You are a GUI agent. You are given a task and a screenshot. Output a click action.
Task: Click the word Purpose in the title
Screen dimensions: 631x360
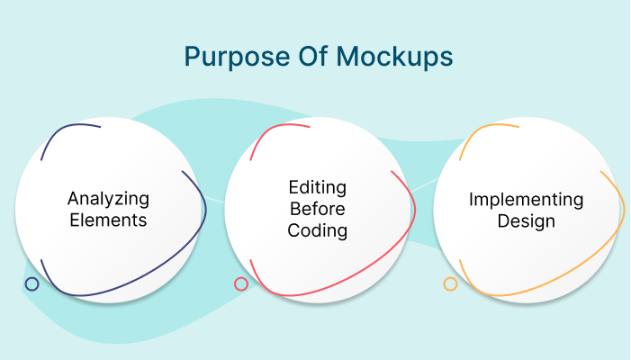pyautogui.click(x=237, y=57)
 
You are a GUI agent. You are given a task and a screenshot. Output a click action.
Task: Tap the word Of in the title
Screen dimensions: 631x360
pyautogui.click(x=312, y=56)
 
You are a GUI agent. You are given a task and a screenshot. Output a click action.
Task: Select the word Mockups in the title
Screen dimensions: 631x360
pyautogui.click(x=395, y=57)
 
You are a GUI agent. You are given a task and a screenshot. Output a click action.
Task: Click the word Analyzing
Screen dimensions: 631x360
pyautogui.click(x=108, y=199)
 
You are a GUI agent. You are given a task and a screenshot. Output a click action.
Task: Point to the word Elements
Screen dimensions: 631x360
pyautogui.click(x=108, y=220)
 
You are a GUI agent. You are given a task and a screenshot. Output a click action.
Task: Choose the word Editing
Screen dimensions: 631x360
pyautogui.click(x=318, y=188)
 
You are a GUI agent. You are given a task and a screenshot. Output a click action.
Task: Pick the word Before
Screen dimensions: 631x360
pyautogui.click(x=318, y=209)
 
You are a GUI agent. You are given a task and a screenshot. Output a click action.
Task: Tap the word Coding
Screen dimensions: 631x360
pyautogui.click(x=318, y=230)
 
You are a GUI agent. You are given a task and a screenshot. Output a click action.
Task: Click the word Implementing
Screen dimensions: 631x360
pyautogui.click(x=527, y=200)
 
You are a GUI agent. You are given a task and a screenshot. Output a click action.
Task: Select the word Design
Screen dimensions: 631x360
pyautogui.click(x=527, y=221)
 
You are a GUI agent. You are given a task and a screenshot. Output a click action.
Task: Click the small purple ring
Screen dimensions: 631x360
pyautogui.click(x=32, y=284)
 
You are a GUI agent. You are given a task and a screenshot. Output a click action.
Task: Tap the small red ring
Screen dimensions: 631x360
pyautogui.click(x=241, y=284)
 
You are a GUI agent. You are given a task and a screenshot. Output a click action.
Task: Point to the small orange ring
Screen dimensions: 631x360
pyautogui.click(x=450, y=284)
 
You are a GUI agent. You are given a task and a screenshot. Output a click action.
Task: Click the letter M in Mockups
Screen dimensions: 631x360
pyautogui.click(x=347, y=56)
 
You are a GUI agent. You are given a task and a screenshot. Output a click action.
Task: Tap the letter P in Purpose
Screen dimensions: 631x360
pyautogui.click(x=192, y=56)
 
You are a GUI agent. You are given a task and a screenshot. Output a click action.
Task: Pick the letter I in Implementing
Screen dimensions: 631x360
pyautogui.click(x=471, y=199)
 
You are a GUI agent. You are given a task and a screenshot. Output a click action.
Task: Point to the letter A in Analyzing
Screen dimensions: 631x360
pyautogui.click(x=74, y=198)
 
